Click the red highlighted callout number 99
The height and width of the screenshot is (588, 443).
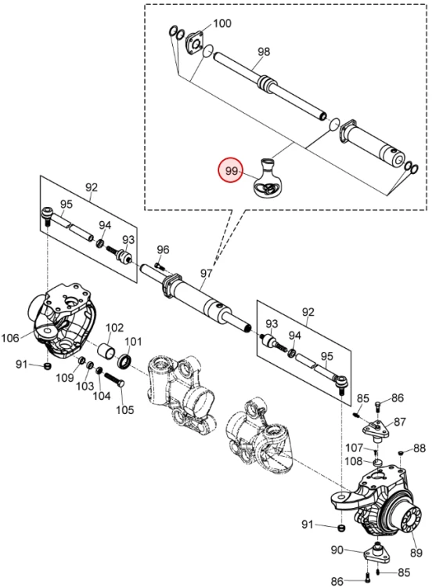pos(232,171)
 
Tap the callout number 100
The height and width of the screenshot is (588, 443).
pos(222,24)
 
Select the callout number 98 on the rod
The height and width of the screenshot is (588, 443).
pos(264,51)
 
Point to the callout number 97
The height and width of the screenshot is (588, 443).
pos(207,273)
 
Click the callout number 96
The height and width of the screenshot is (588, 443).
pos(163,249)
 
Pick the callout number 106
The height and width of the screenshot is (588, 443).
pos(10,338)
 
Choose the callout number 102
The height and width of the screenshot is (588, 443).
pos(114,328)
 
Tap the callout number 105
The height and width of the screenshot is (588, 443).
pos(124,409)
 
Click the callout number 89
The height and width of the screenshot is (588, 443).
pos(416,553)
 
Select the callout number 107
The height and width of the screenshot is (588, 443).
pos(355,448)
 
